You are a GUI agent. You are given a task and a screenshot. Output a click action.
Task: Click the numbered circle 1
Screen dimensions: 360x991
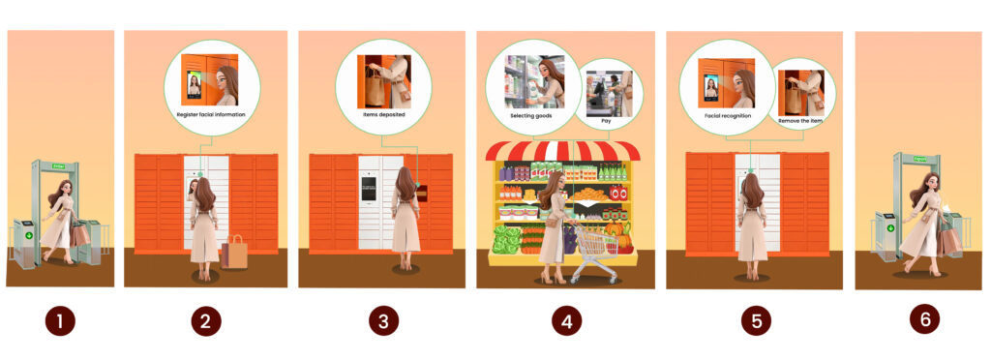point(60,321)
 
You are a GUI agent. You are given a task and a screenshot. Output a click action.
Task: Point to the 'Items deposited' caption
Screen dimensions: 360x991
point(384,114)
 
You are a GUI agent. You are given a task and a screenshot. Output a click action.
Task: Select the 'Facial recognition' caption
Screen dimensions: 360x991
point(722,114)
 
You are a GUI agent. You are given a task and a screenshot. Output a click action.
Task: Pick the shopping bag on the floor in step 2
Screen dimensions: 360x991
point(235,253)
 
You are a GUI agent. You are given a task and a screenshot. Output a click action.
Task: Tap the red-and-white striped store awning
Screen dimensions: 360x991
point(562,150)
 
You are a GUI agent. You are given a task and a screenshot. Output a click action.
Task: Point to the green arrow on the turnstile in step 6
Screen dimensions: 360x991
point(889,230)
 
